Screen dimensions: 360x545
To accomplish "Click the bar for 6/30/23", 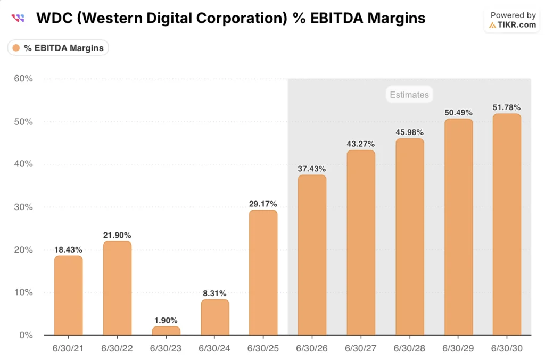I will coord(166,331).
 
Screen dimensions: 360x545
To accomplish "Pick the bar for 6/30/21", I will coord(69,295).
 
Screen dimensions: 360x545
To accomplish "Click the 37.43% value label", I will coord(312,169).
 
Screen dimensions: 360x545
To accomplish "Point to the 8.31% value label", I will coord(215,293).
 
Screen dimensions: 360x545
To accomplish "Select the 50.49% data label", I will coord(458,112).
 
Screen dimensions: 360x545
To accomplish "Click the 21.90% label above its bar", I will coord(117,235).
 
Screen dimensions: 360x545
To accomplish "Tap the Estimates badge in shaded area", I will coord(409,95).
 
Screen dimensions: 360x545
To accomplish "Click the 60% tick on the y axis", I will coord(23,79).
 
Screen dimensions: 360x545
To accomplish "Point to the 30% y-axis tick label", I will coord(23,207).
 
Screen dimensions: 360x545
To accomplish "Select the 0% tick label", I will coord(26,335).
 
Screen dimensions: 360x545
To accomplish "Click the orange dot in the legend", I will coord(16,48).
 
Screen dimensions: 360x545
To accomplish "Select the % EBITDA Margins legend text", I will coord(64,48).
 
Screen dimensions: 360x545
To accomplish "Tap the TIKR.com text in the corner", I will coord(516,24).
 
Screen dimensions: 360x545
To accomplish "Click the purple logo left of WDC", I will coord(18,18).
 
